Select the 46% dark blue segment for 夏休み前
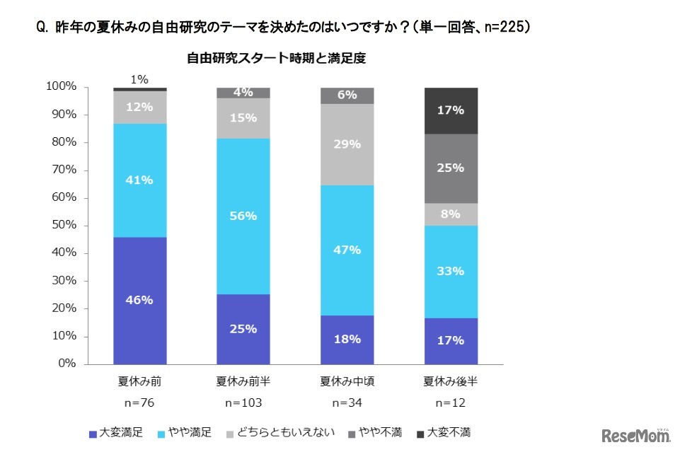139,300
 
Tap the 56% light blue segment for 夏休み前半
243,216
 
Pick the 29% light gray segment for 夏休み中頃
347,144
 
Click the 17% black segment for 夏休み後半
451,110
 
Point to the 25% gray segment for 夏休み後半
451,168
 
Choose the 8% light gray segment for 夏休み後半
451,214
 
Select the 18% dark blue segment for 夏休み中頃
347,339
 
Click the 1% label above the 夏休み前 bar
139,80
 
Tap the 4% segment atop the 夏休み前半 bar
243,92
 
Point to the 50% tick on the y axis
62,226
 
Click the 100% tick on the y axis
60,87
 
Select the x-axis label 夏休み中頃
347,382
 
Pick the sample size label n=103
243,403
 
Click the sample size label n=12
451,403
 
